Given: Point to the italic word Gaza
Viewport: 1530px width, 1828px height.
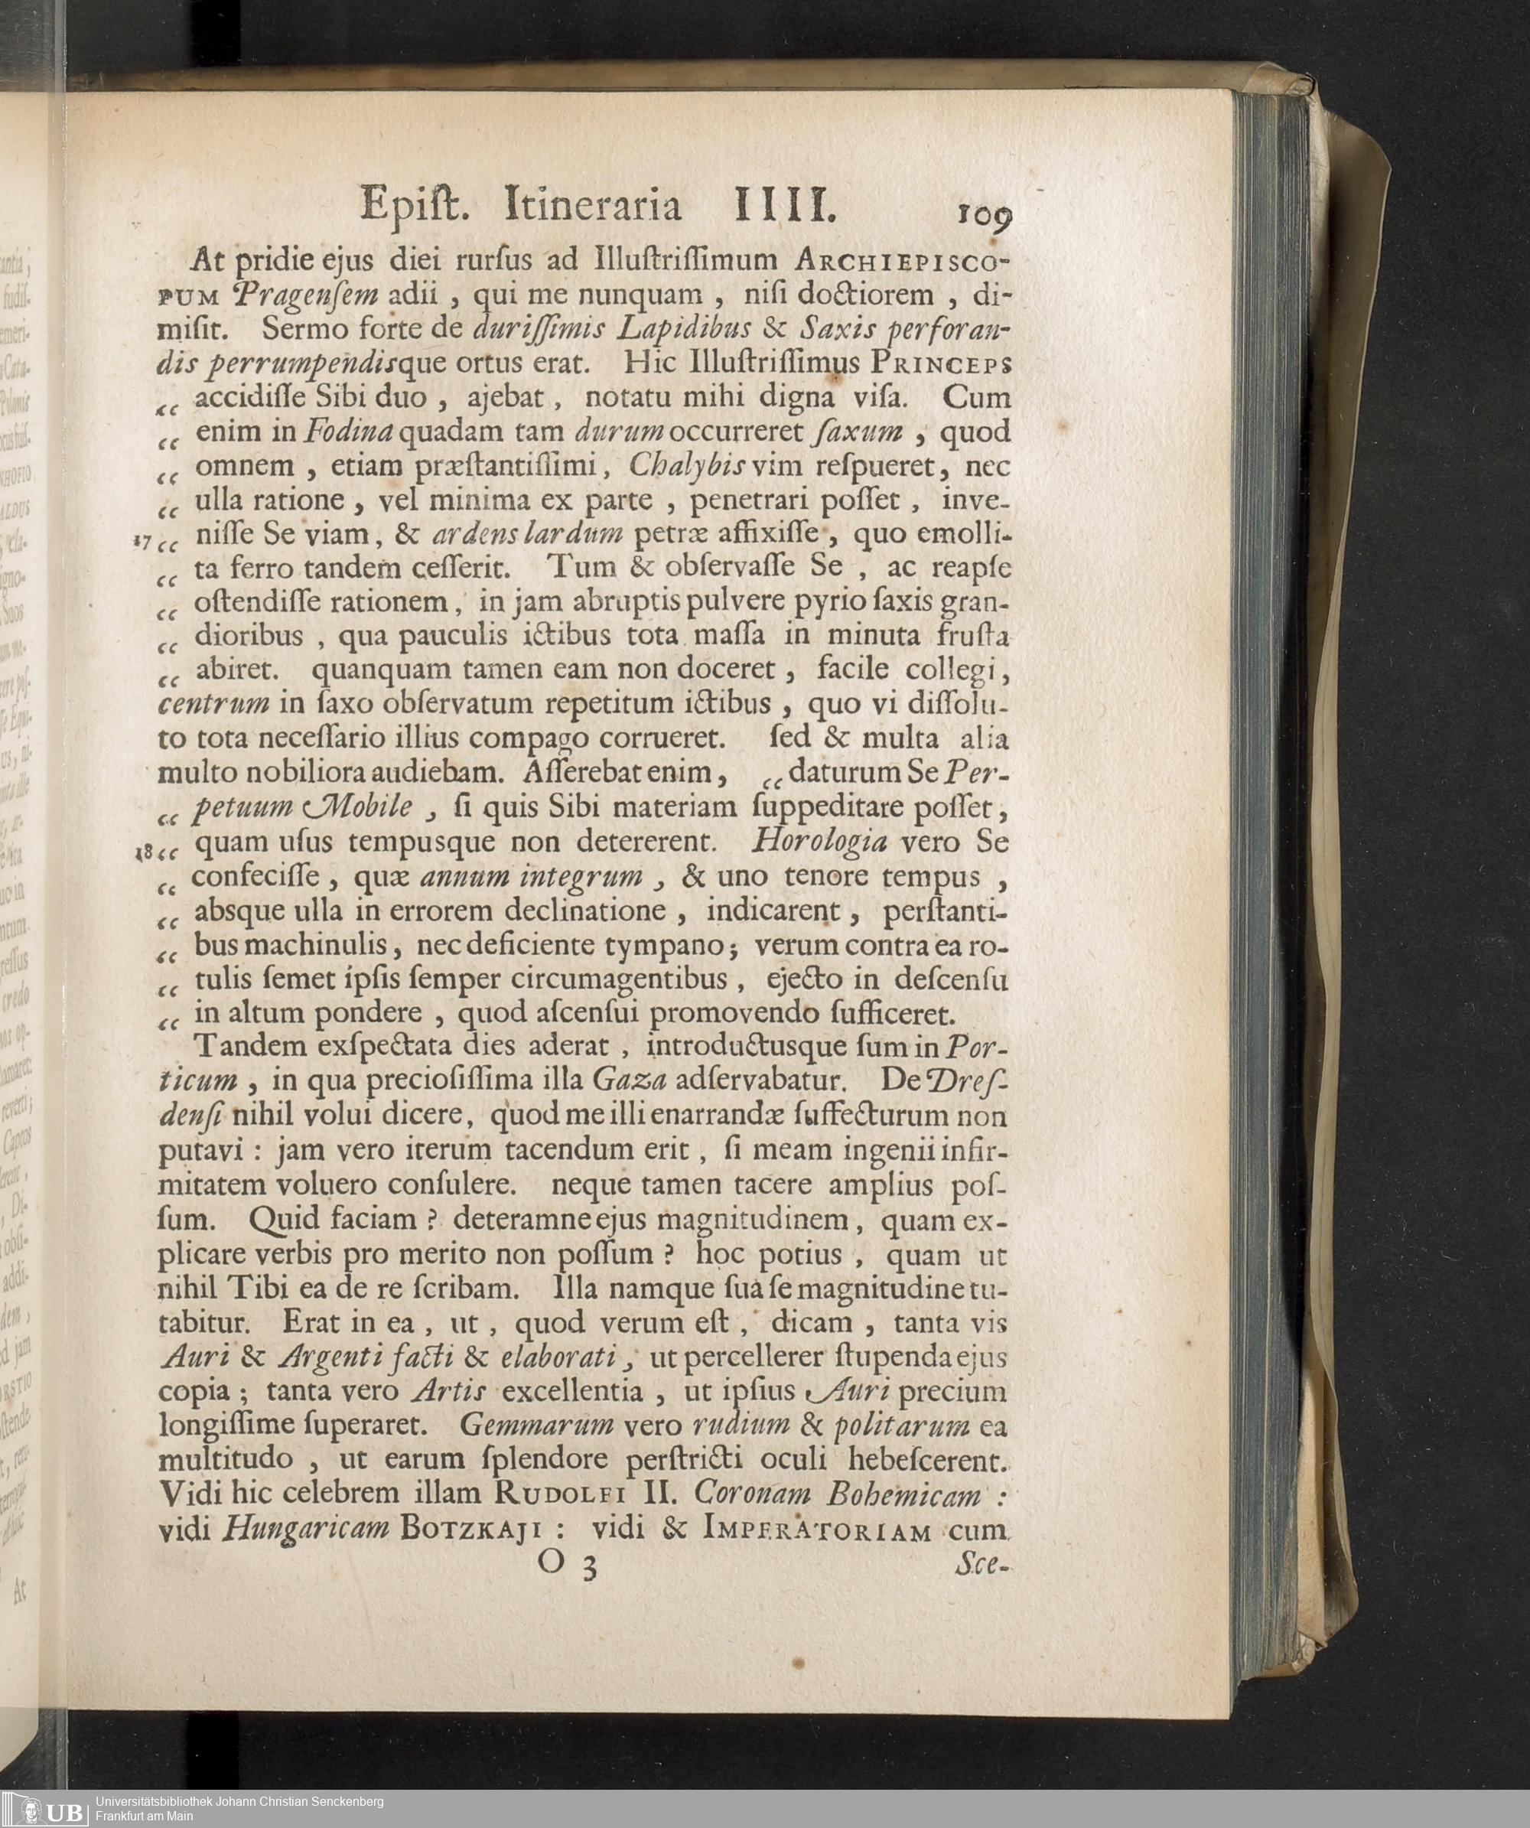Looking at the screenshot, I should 630,1080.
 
